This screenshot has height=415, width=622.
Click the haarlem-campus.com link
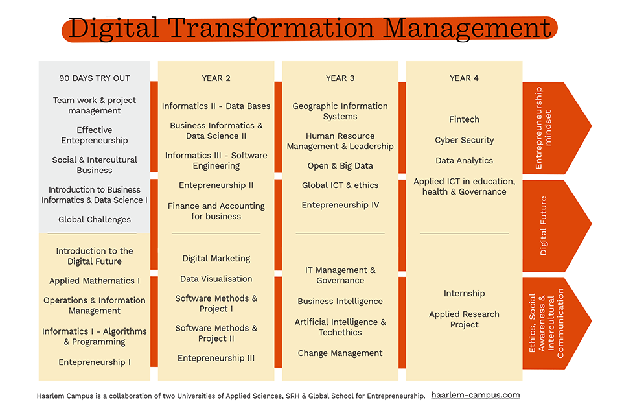(x=475, y=395)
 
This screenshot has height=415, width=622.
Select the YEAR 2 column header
(x=216, y=78)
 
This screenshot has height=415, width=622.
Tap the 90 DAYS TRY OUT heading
(x=95, y=78)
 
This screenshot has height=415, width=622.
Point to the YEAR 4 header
(x=464, y=78)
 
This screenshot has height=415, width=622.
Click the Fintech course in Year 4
(x=464, y=119)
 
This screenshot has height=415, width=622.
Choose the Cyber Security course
(x=464, y=140)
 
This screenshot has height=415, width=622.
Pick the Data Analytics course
(x=464, y=160)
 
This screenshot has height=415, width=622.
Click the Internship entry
(x=464, y=294)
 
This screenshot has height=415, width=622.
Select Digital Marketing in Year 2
(x=216, y=259)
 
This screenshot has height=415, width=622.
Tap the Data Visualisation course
(x=216, y=279)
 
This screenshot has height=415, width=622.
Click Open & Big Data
(x=340, y=165)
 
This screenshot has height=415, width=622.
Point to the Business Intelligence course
(x=340, y=302)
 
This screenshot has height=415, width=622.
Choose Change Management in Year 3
(x=340, y=353)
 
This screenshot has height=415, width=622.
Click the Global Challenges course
(x=95, y=220)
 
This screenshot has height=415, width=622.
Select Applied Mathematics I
(x=95, y=281)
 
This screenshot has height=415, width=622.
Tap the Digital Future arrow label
(x=543, y=226)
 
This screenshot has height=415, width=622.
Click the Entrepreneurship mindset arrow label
(x=543, y=128)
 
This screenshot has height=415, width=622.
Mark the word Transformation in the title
(x=271, y=29)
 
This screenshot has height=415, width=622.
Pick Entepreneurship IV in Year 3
(x=340, y=205)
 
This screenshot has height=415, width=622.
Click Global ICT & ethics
(x=340, y=185)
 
